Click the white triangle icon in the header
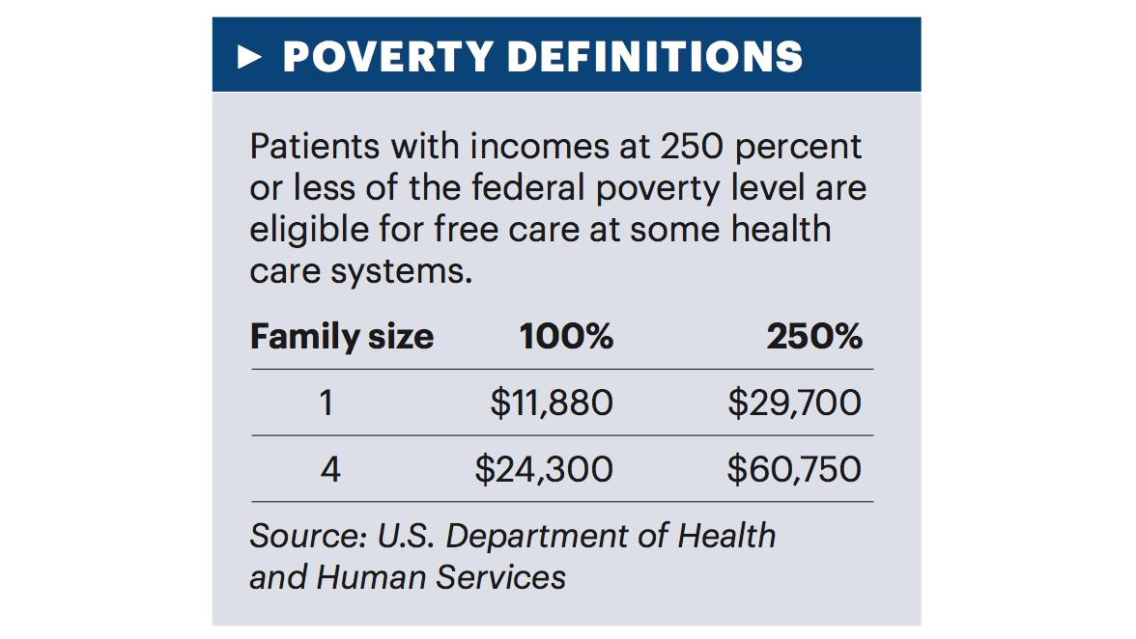(x=250, y=56)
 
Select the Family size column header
(x=342, y=337)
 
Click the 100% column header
(x=566, y=337)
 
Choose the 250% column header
(x=814, y=337)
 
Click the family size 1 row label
(x=326, y=403)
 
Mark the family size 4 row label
(x=328, y=469)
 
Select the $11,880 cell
(x=552, y=403)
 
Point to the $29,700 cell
(x=794, y=403)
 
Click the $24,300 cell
(x=544, y=469)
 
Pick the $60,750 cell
(x=794, y=469)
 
